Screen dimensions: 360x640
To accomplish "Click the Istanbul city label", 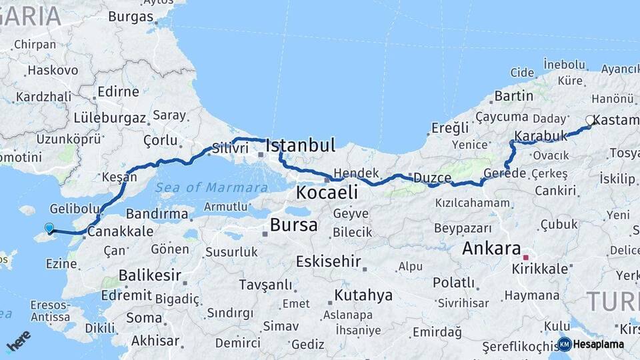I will tap(300, 145).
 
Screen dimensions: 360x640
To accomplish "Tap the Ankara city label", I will tap(491, 249).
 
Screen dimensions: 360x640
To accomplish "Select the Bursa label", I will tap(293, 225).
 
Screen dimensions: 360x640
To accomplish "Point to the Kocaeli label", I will tap(327, 193).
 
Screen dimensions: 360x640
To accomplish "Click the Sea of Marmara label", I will tap(211, 187).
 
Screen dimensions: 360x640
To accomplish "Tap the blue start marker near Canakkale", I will tap(49, 228).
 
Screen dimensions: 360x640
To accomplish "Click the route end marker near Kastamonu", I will tap(590, 121).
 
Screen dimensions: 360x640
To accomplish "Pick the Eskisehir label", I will tap(329, 261).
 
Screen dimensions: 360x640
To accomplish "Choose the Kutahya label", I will tap(363, 295).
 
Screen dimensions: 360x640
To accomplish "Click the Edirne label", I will tap(118, 91).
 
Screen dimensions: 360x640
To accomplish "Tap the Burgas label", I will tap(131, 17).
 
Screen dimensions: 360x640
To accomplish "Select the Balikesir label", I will tap(149, 275).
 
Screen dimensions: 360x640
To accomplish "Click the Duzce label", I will tap(432, 177).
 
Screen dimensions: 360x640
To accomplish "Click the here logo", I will tap(19, 341).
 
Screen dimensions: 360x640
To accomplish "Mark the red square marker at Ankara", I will tap(525, 257).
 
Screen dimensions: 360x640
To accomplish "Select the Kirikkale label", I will tap(540, 269).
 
